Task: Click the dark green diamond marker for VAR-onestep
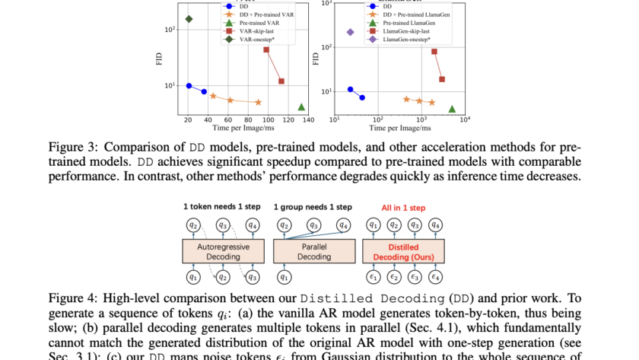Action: pyautogui.click(x=189, y=18)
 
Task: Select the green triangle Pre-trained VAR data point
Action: pyautogui.click(x=301, y=107)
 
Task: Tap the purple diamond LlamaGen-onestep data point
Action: pyautogui.click(x=351, y=32)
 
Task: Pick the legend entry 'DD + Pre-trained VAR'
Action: pyautogui.click(x=259, y=14)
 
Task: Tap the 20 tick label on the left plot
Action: pyautogui.click(x=188, y=119)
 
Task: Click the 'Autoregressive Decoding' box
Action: pyautogui.click(x=221, y=252)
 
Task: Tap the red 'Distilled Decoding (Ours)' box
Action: pyautogui.click(x=403, y=252)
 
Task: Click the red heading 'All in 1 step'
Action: pyautogui.click(x=402, y=207)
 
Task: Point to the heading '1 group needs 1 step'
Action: pyautogui.click(x=313, y=207)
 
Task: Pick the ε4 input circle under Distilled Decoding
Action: pyautogui.click(x=436, y=277)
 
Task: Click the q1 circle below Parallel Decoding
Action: pyautogui.click(x=284, y=277)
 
